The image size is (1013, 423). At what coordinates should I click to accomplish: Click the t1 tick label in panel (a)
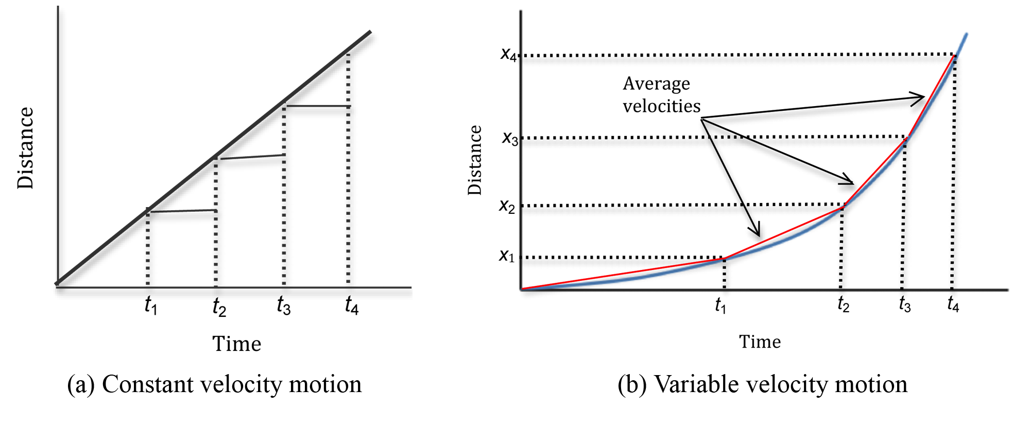150,306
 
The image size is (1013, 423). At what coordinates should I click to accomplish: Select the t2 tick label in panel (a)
219,308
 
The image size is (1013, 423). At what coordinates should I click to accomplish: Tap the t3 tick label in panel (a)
283,306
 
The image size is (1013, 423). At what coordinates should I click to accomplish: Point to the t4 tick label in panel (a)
351,306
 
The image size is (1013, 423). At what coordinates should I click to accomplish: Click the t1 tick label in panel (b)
720,306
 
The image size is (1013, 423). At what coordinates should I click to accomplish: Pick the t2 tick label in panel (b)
843,304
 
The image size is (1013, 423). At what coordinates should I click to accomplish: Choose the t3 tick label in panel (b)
904,304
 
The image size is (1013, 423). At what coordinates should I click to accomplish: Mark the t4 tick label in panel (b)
953,304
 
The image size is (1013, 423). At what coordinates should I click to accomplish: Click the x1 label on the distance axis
507,256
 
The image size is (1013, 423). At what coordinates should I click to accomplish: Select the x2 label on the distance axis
507,206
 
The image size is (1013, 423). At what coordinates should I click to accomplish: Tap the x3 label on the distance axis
510,138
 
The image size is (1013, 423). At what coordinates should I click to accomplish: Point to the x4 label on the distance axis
508,54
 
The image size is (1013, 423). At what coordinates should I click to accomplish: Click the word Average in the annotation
656,84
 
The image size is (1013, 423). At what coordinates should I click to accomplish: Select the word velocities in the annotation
661,106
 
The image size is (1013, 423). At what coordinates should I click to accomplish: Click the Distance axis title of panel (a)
25,148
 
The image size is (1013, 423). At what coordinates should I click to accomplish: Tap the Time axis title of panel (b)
760,342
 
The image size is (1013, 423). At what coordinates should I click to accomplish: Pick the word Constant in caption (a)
148,384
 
